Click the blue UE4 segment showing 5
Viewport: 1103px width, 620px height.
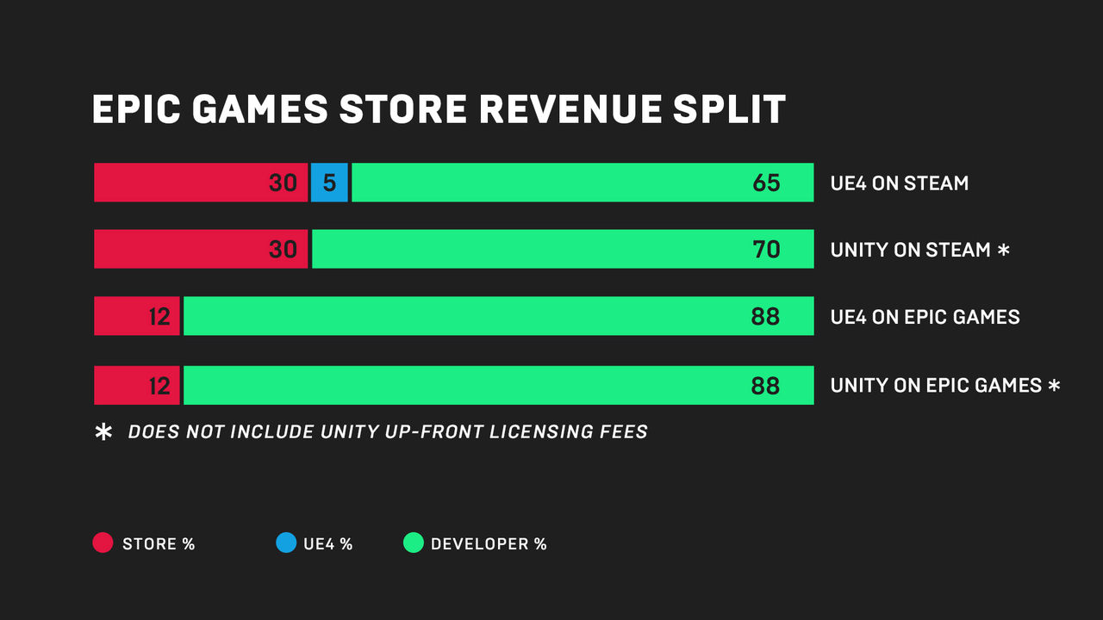click(328, 183)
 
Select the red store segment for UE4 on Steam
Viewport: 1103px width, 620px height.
click(200, 183)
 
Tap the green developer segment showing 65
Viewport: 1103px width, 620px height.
click(583, 183)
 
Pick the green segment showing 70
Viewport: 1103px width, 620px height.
click(563, 249)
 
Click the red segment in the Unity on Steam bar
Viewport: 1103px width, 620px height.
click(200, 249)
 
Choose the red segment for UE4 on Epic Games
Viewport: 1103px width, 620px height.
click(137, 316)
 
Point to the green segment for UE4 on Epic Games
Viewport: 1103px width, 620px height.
click(498, 316)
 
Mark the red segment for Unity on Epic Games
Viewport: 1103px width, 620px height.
click(137, 385)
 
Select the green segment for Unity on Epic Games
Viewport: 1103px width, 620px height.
click(498, 385)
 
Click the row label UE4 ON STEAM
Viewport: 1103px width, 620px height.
click(900, 183)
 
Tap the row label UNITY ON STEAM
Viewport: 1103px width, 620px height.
click(910, 250)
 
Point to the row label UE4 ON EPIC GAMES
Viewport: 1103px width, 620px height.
click(925, 317)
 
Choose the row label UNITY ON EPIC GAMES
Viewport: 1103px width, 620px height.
click(936, 386)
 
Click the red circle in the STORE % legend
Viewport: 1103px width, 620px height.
click(103, 543)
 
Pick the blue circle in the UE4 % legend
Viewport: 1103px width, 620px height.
click(285, 543)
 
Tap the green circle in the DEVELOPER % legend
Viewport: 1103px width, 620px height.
click(414, 543)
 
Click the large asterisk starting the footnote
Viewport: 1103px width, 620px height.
click(103, 432)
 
